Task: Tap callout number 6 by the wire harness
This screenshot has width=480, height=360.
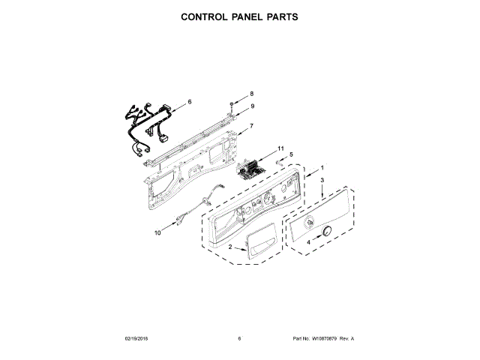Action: point(189,101)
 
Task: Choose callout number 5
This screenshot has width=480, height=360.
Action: point(291,154)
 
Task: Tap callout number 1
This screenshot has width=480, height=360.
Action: point(322,167)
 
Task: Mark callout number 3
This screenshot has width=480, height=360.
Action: point(322,181)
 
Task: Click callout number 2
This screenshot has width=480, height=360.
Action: point(230,247)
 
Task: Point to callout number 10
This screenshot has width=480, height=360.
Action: point(157,233)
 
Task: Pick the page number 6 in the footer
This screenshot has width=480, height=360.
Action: point(239,339)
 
